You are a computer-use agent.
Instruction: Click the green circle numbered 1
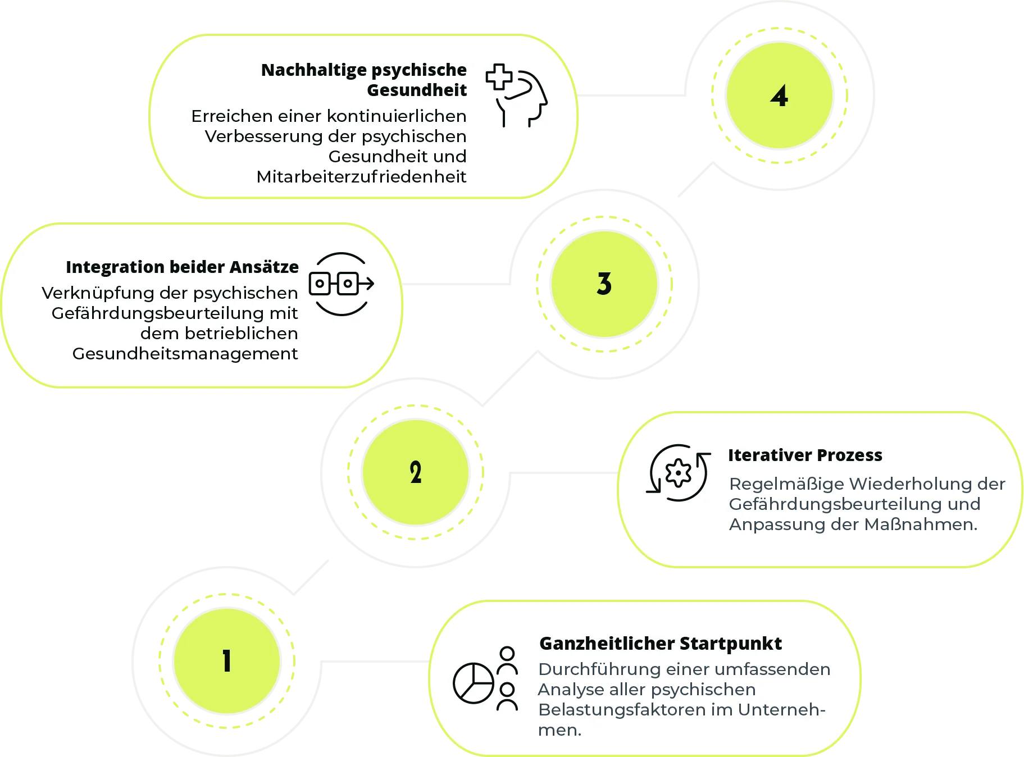pyautogui.click(x=226, y=661)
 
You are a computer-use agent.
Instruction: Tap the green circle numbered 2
pyautogui.click(x=415, y=472)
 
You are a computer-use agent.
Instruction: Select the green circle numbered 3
pyautogui.click(x=604, y=284)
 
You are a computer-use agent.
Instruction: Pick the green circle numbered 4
pyautogui.click(x=779, y=96)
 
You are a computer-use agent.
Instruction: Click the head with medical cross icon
pyautogui.click(x=517, y=95)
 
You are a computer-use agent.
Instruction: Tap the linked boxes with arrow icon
pyautogui.click(x=341, y=284)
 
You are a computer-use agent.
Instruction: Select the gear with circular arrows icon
pyautogui.click(x=678, y=473)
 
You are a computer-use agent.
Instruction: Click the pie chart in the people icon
pyautogui.click(x=474, y=683)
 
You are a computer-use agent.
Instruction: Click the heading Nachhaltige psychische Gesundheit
pyautogui.click(x=363, y=80)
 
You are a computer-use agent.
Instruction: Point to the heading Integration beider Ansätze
pyautogui.click(x=182, y=267)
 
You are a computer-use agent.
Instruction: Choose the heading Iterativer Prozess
pyautogui.click(x=805, y=455)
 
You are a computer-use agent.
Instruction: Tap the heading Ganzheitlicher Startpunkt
pyautogui.click(x=660, y=644)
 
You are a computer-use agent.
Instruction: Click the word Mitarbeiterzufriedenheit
pyautogui.click(x=361, y=177)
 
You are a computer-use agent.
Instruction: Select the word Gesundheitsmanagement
pyautogui.click(x=185, y=354)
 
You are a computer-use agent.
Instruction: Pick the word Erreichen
pyautogui.click(x=224, y=116)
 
